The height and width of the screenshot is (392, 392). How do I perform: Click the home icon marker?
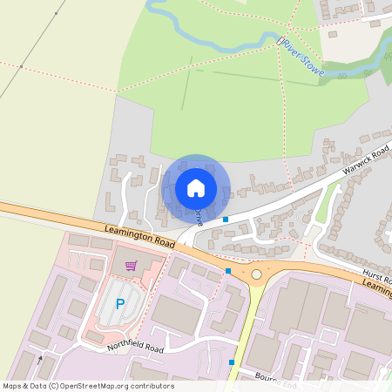point(196,188)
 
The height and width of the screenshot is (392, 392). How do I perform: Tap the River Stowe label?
point(301,57)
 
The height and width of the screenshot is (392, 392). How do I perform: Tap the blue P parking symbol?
point(120,305)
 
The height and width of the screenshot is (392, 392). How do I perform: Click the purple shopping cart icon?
point(131,266)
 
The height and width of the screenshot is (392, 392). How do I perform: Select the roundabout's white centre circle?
point(256,274)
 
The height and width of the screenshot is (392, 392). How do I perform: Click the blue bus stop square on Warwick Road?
point(226,220)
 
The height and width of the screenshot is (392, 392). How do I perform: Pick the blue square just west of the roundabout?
point(228,271)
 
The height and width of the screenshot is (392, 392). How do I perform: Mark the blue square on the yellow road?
point(232,362)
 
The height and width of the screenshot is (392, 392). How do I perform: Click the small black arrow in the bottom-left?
point(39,358)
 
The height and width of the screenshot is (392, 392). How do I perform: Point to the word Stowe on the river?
point(313,64)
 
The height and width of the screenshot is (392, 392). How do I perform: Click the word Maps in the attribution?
point(12,386)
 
